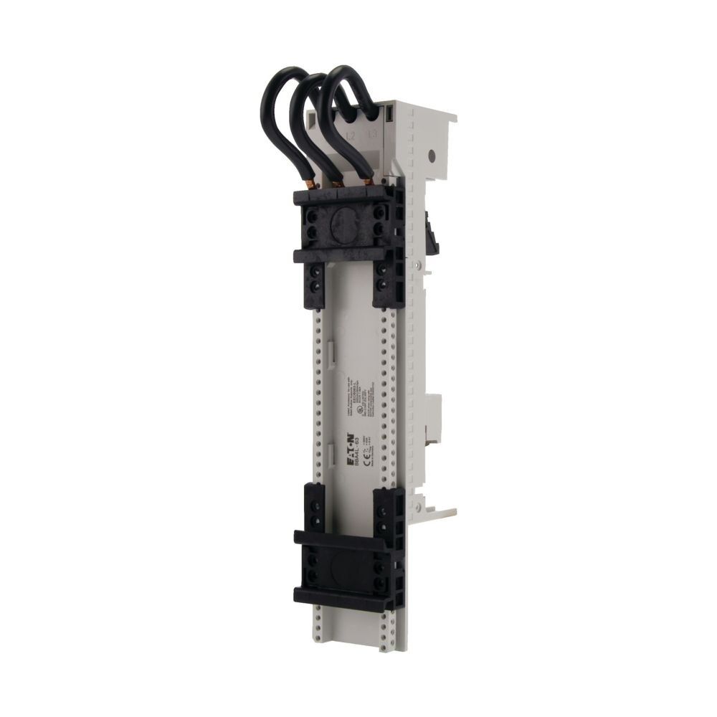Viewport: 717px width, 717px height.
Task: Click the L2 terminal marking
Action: (x=351, y=134)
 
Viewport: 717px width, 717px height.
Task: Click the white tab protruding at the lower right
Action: (x=445, y=513)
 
